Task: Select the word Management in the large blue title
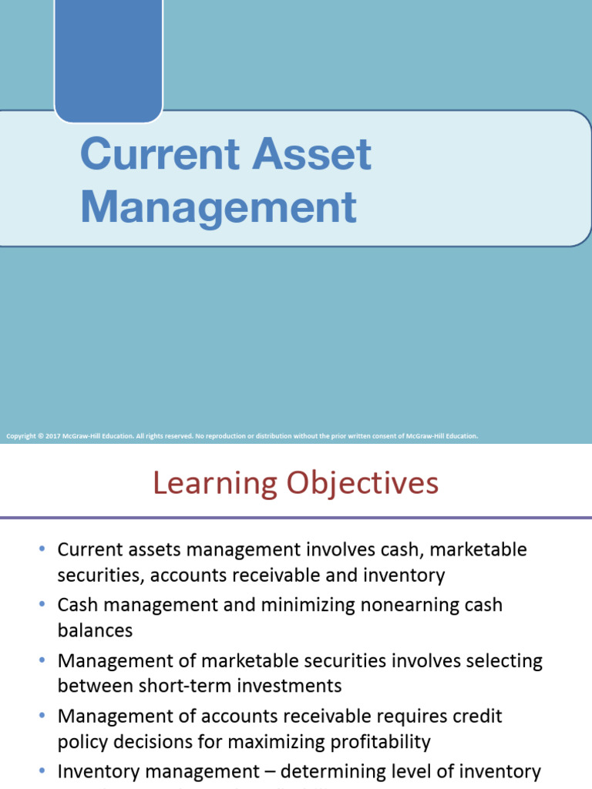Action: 218,206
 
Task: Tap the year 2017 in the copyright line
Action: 53,436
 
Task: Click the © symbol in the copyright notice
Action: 40,436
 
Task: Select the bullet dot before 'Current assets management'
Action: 42,550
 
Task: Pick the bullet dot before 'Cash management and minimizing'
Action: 42,606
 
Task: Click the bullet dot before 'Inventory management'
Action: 42,771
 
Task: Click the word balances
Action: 95,630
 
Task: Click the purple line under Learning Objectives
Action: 296,517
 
